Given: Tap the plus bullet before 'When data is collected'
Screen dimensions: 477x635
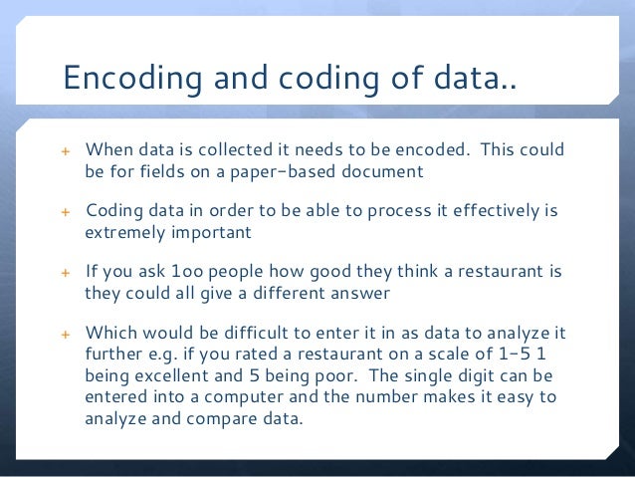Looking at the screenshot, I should (x=68, y=151).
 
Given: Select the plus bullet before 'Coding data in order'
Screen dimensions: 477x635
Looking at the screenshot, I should (x=68, y=213).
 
